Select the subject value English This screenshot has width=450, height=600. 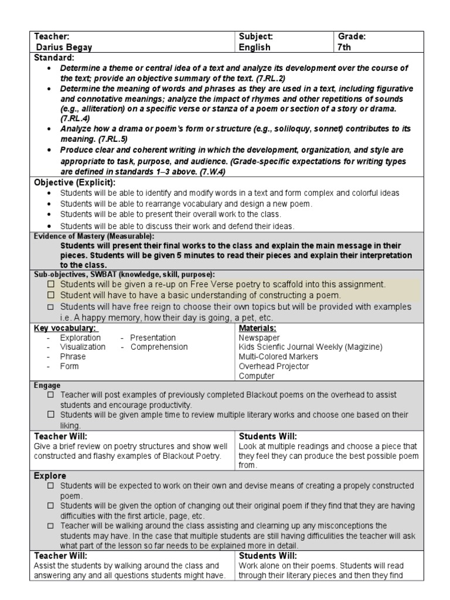pyautogui.click(x=254, y=47)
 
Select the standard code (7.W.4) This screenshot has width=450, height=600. pyautogui.click(x=207, y=172)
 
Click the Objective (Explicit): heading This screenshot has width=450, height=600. pyautogui.click(x=75, y=182)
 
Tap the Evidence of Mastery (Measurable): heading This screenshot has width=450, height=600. pyautogui.click(x=94, y=236)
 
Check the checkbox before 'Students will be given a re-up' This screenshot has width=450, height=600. pyautogui.click(x=51, y=284)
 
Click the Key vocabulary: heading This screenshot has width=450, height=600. pyautogui.click(x=65, y=328)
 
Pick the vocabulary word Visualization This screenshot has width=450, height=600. pyautogui.click(x=83, y=347)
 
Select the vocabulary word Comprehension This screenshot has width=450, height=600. pyautogui.click(x=159, y=347)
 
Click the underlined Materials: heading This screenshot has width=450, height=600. pyautogui.click(x=257, y=328)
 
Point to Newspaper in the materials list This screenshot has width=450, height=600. pyautogui.click(x=259, y=337)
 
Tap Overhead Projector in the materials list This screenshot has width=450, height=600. pyautogui.click(x=274, y=366)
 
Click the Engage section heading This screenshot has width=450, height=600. pyautogui.click(x=47, y=385)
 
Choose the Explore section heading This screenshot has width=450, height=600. pyautogui.click(x=50, y=476)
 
